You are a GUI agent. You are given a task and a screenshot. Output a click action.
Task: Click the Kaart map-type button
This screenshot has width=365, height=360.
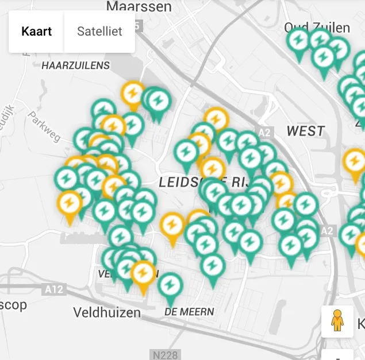click(36, 31)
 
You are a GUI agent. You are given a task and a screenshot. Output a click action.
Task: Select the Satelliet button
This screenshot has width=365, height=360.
click(100, 31)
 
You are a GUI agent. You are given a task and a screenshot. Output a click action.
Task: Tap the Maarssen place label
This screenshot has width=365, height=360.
click(139, 6)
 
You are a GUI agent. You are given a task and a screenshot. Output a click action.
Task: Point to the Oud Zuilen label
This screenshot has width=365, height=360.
click(317, 27)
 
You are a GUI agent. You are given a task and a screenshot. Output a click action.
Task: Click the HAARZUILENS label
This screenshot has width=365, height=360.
click(75, 65)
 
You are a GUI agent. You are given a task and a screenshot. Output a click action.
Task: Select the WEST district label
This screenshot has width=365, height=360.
click(306, 131)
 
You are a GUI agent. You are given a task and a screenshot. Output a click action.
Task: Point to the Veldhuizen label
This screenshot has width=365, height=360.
click(107, 313)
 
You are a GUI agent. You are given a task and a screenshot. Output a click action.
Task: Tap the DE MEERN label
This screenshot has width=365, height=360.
click(189, 312)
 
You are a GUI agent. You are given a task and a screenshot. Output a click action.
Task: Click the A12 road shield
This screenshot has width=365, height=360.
click(55, 289)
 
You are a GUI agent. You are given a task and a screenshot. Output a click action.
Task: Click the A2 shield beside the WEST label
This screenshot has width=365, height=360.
click(264, 133)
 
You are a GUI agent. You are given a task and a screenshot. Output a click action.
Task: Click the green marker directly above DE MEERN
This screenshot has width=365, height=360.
click(170, 285)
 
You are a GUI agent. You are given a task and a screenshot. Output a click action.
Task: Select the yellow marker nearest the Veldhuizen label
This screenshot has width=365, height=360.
click(143, 273)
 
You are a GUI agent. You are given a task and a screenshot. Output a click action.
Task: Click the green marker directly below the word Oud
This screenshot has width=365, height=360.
click(298, 40)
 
